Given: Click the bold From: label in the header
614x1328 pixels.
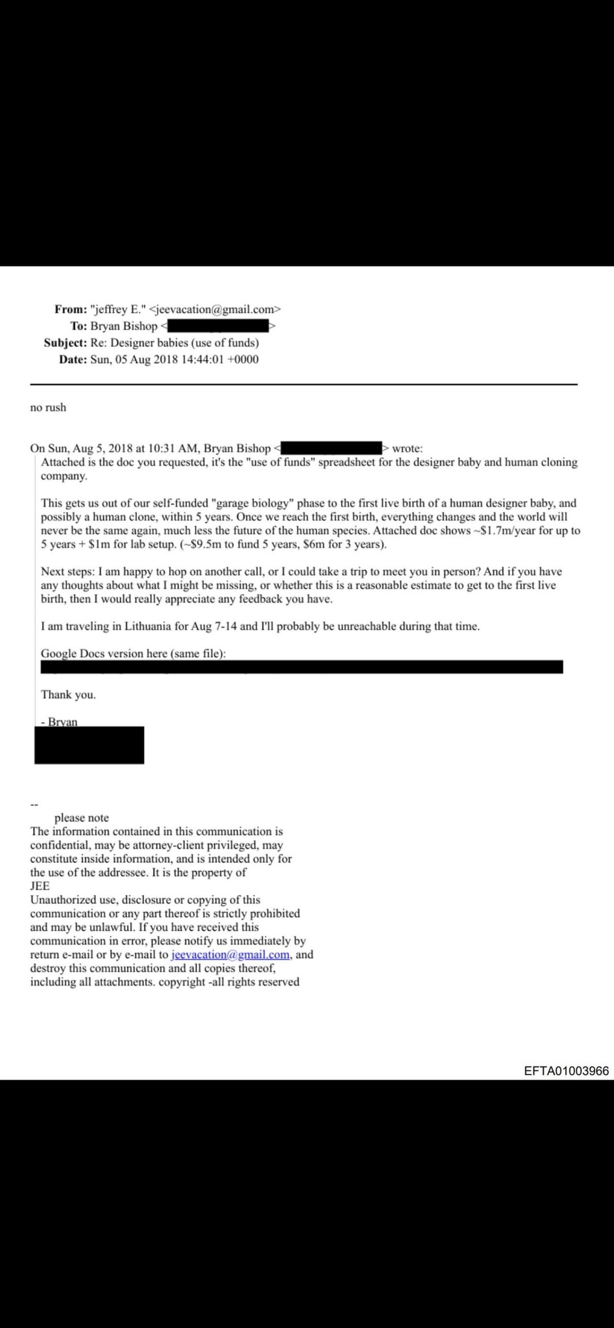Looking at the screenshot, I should click(x=70, y=309).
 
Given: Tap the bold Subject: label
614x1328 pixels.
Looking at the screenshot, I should click(x=65, y=343).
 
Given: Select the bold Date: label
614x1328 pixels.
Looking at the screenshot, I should click(x=73, y=359).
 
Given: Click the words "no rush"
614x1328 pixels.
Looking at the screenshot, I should click(x=48, y=408).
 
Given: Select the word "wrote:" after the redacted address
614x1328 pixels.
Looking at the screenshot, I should click(x=407, y=449).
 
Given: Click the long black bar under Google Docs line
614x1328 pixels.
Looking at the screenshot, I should click(x=301, y=667).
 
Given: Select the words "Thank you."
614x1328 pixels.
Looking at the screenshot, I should click(x=68, y=695).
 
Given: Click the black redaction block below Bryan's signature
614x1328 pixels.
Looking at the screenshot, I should click(x=89, y=745).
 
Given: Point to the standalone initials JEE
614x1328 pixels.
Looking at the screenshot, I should click(x=40, y=886).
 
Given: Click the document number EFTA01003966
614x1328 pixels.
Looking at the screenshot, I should click(x=566, y=1071).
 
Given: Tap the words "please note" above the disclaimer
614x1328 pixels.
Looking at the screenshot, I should click(x=81, y=817).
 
